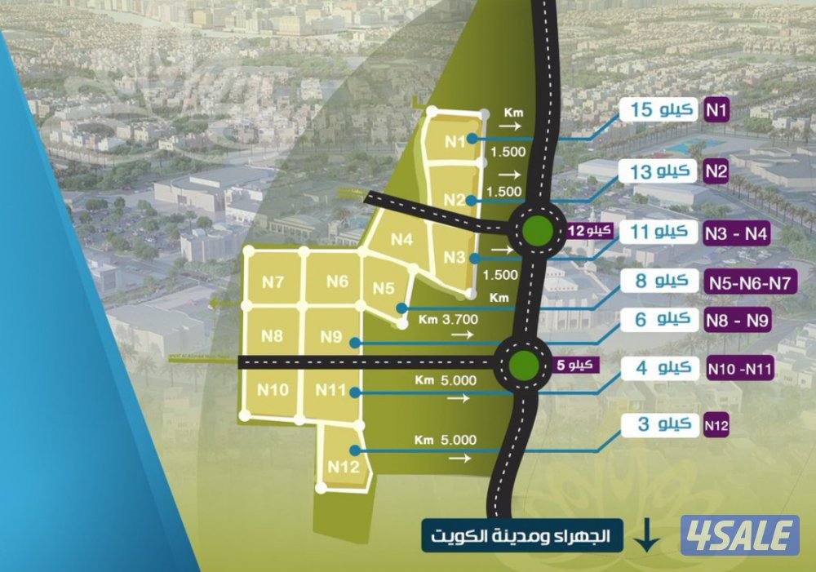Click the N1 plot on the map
click(x=455, y=141)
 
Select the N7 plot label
click(x=273, y=282)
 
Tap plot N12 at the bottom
click(x=344, y=466)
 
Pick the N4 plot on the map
click(x=402, y=239)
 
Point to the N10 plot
click(x=273, y=390)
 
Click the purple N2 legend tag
click(x=716, y=172)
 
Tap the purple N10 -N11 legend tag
click(x=739, y=369)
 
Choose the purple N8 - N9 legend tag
click(x=737, y=321)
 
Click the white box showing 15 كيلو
click(x=661, y=109)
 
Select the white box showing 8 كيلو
click(x=661, y=282)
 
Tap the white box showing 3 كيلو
click(x=661, y=423)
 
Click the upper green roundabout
click(x=538, y=229)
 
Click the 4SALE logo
click(x=740, y=535)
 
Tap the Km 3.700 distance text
click(x=446, y=319)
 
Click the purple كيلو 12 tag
click(x=590, y=231)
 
